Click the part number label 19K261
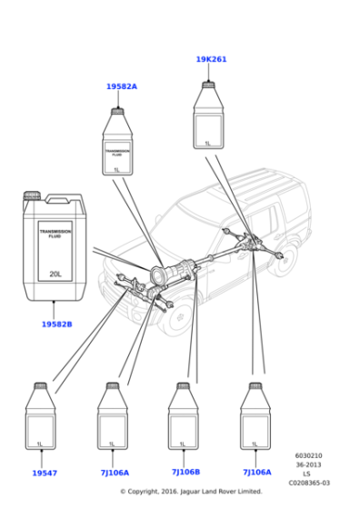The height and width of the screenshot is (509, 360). (211, 59)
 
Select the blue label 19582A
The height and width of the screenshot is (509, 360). (121, 86)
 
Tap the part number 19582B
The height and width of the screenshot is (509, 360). (56, 324)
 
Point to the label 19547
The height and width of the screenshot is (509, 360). (44, 473)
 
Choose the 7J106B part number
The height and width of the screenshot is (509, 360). (185, 472)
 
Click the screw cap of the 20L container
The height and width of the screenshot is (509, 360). (33, 195)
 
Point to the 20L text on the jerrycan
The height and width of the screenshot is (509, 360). (55, 273)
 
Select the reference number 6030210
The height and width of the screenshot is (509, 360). (308, 456)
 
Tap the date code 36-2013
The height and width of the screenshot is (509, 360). (308, 465)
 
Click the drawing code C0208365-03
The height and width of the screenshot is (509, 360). (308, 484)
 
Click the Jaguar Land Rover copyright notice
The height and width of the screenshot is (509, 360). (191, 492)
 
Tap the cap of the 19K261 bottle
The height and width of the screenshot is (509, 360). (208, 85)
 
